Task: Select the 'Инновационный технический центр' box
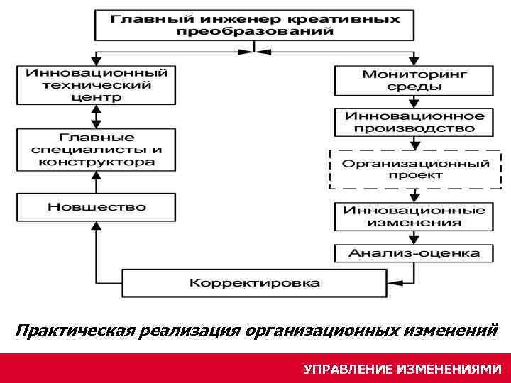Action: [97, 85]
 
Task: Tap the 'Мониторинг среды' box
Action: [414, 80]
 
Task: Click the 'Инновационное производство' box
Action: [414, 122]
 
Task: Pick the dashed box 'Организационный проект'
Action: [414, 169]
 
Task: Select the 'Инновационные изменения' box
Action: [414, 216]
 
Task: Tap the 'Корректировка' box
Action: [254, 282]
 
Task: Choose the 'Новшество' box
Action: [97, 206]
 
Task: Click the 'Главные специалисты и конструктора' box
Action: [97, 150]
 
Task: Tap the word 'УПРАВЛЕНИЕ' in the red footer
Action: [347, 369]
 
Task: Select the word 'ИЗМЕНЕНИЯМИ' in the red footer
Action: [449, 369]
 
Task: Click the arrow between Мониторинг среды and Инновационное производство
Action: [414, 101]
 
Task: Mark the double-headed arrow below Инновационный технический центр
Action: [97, 116]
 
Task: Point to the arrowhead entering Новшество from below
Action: [97, 226]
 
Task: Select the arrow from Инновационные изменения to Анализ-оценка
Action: [414, 238]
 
